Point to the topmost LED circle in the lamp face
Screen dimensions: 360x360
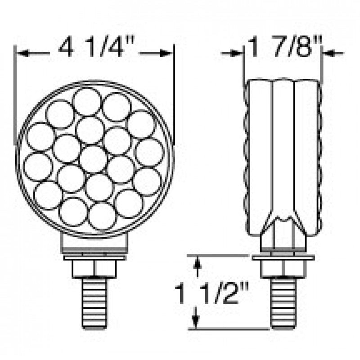click(x=87, y=101)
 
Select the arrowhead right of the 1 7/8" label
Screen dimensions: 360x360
click(x=328, y=54)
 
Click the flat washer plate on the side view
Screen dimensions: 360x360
click(x=283, y=258)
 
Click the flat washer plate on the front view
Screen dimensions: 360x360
click(x=94, y=258)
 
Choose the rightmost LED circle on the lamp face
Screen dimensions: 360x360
click(x=149, y=152)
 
